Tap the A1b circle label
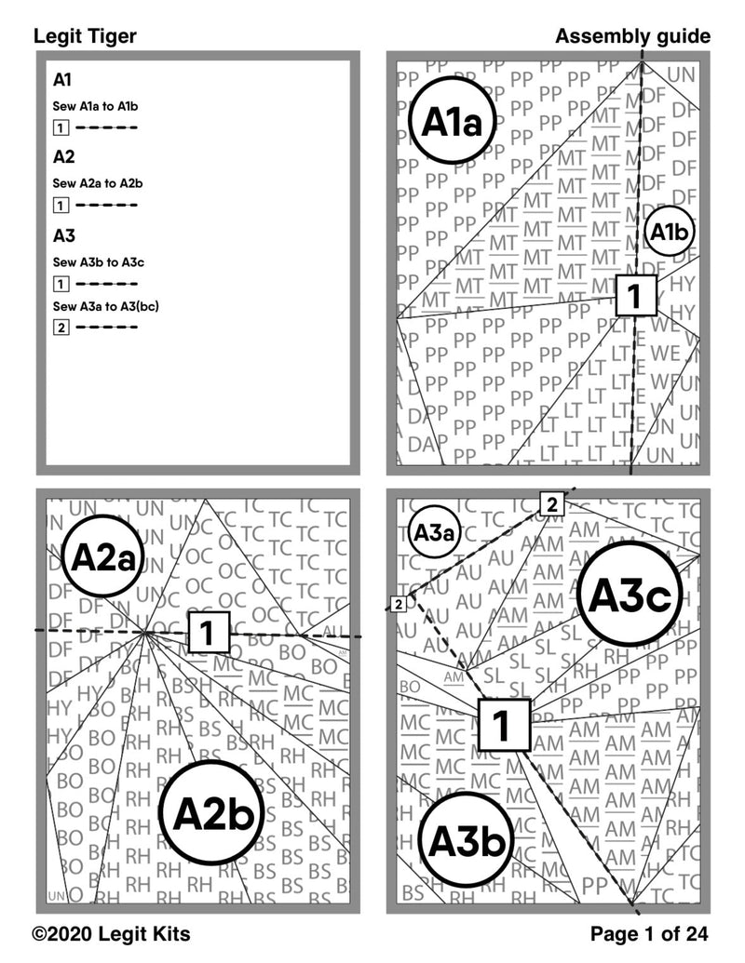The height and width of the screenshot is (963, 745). click(669, 233)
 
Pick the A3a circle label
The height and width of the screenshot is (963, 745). click(434, 534)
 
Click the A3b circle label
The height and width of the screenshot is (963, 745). click(467, 842)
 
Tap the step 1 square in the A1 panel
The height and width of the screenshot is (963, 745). click(634, 296)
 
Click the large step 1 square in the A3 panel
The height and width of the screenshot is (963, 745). click(503, 724)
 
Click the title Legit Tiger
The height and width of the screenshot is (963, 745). click(85, 36)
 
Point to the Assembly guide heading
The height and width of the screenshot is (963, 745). click(632, 36)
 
